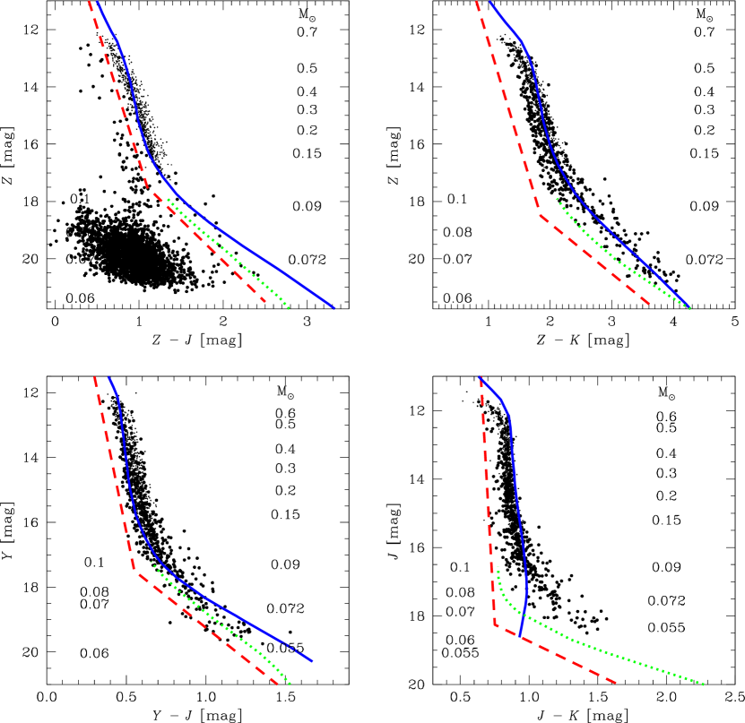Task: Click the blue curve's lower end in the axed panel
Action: pos(313,661)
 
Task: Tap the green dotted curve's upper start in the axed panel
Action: pos(151,562)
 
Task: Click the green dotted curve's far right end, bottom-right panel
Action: pos(704,684)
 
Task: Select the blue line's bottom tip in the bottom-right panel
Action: pos(519,635)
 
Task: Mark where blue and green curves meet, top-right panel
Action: pos(689,307)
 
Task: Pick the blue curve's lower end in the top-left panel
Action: pos(334,308)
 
